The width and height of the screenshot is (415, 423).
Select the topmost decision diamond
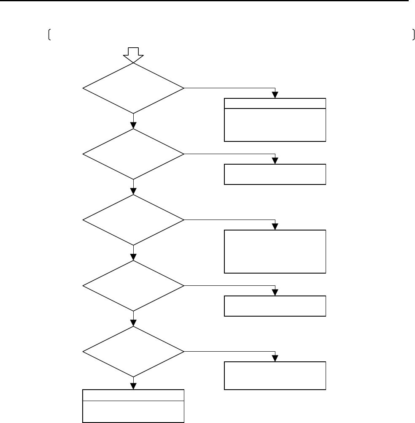(133, 89)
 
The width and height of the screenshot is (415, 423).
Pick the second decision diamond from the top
(133, 155)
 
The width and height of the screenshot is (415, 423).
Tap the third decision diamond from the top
(133, 220)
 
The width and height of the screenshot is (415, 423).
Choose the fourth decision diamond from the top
(133, 286)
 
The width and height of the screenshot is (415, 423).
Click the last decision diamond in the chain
(133, 352)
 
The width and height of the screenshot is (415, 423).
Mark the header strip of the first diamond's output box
(275, 103)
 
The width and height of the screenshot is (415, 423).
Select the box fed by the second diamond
(275, 174)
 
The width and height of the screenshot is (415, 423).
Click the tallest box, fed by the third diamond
(275, 252)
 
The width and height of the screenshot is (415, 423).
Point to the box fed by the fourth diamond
(275, 306)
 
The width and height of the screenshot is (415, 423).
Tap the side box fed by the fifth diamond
(275, 375)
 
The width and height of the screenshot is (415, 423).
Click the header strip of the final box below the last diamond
(133, 395)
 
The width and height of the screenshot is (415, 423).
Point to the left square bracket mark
(49, 36)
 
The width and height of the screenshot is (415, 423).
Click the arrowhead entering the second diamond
(133, 125)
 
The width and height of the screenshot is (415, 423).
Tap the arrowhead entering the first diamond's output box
(275, 95)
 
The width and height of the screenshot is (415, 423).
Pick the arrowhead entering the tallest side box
(275, 227)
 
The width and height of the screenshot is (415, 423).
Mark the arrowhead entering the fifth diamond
(133, 323)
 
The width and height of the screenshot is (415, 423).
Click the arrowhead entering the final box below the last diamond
(133, 386)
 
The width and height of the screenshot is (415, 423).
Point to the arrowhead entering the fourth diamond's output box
(275, 293)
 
